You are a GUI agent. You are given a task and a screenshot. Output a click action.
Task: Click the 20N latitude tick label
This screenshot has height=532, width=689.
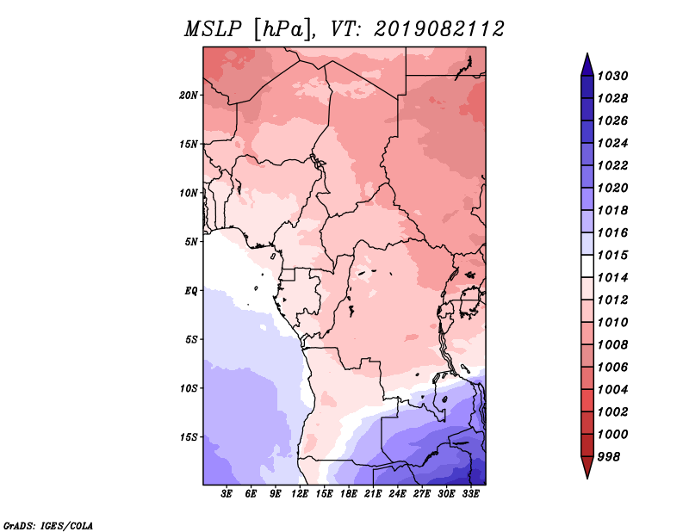click(x=189, y=96)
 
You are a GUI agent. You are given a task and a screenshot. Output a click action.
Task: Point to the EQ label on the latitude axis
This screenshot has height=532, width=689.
click(x=191, y=291)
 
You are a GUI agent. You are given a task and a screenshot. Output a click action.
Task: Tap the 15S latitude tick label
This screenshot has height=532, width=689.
click(x=189, y=437)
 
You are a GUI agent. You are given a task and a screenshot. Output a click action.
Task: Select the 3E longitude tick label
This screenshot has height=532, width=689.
click(x=227, y=494)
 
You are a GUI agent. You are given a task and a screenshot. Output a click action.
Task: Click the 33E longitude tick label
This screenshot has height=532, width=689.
click(x=470, y=494)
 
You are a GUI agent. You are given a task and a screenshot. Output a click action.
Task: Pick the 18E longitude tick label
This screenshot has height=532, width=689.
click(x=349, y=494)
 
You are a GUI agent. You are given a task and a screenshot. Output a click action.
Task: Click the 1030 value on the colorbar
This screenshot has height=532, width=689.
click(x=612, y=76)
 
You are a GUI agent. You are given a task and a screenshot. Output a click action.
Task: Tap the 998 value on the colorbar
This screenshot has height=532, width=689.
click(x=609, y=457)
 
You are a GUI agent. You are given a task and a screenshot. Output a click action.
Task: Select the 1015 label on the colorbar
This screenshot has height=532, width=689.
click(x=612, y=255)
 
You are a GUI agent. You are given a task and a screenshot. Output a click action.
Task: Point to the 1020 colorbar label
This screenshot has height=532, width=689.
click(x=612, y=188)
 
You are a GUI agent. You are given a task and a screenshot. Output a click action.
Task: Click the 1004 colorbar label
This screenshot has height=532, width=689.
click(x=612, y=390)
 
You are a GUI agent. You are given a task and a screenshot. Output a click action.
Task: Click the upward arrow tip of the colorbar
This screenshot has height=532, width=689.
click(x=587, y=53)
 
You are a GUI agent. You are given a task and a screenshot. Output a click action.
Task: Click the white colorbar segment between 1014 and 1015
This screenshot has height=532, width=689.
click(x=587, y=266)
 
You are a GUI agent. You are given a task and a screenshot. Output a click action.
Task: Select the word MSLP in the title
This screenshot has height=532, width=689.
click(x=213, y=29)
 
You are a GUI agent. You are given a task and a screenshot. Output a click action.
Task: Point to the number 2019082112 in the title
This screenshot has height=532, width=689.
click(x=439, y=29)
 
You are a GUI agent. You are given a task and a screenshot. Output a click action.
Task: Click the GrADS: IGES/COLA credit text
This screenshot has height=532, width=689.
click(x=48, y=526)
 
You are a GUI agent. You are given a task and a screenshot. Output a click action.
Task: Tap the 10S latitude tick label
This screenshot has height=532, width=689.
click(x=189, y=388)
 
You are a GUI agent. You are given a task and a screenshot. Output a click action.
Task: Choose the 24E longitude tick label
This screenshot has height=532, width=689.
click(x=397, y=494)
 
